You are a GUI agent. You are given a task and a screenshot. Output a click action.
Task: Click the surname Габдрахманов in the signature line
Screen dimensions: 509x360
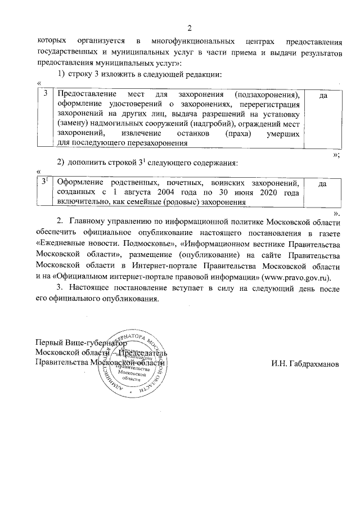pos(304,363)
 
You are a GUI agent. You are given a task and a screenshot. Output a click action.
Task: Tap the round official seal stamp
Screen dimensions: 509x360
pos(132,361)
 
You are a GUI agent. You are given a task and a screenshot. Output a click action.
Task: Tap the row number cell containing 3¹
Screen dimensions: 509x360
pos(45,182)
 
